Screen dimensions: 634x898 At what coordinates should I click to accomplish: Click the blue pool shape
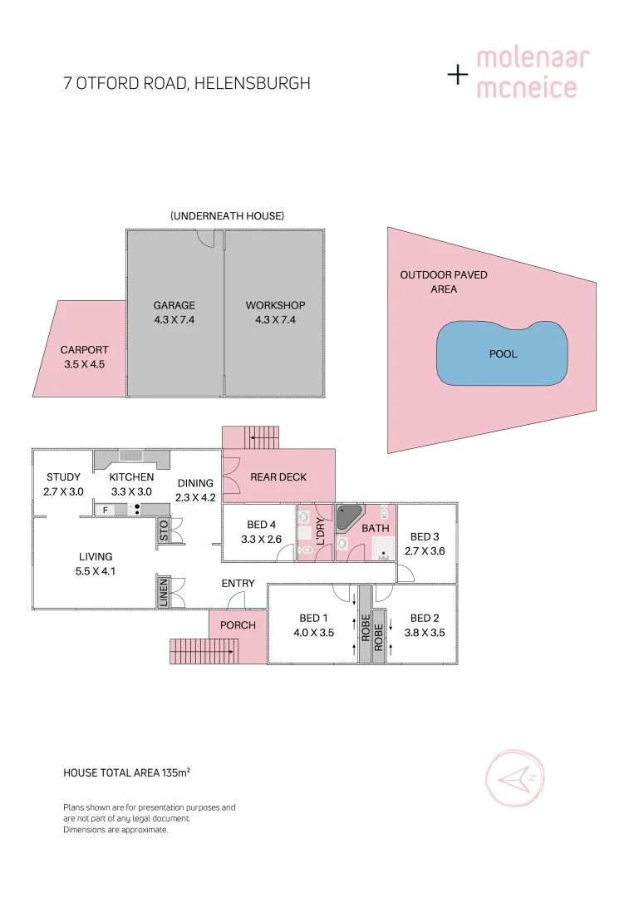(502, 353)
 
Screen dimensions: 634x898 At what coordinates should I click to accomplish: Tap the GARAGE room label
(174, 305)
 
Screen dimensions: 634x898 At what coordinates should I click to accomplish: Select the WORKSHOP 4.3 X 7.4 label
(275, 312)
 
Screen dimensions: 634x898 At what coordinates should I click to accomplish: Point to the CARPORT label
(84, 350)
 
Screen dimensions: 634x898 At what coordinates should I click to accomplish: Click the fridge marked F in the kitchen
(105, 510)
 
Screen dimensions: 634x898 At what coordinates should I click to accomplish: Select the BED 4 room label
(262, 525)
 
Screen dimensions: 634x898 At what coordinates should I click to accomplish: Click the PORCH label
(238, 625)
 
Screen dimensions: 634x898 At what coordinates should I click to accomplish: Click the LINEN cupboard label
(164, 591)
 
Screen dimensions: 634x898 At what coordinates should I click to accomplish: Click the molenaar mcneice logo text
(533, 73)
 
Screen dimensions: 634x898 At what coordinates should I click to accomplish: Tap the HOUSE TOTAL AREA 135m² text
(127, 772)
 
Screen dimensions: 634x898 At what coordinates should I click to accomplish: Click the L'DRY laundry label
(320, 530)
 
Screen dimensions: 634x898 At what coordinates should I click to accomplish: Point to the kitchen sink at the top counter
(131, 455)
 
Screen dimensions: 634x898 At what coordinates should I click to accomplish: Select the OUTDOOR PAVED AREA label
(444, 282)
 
